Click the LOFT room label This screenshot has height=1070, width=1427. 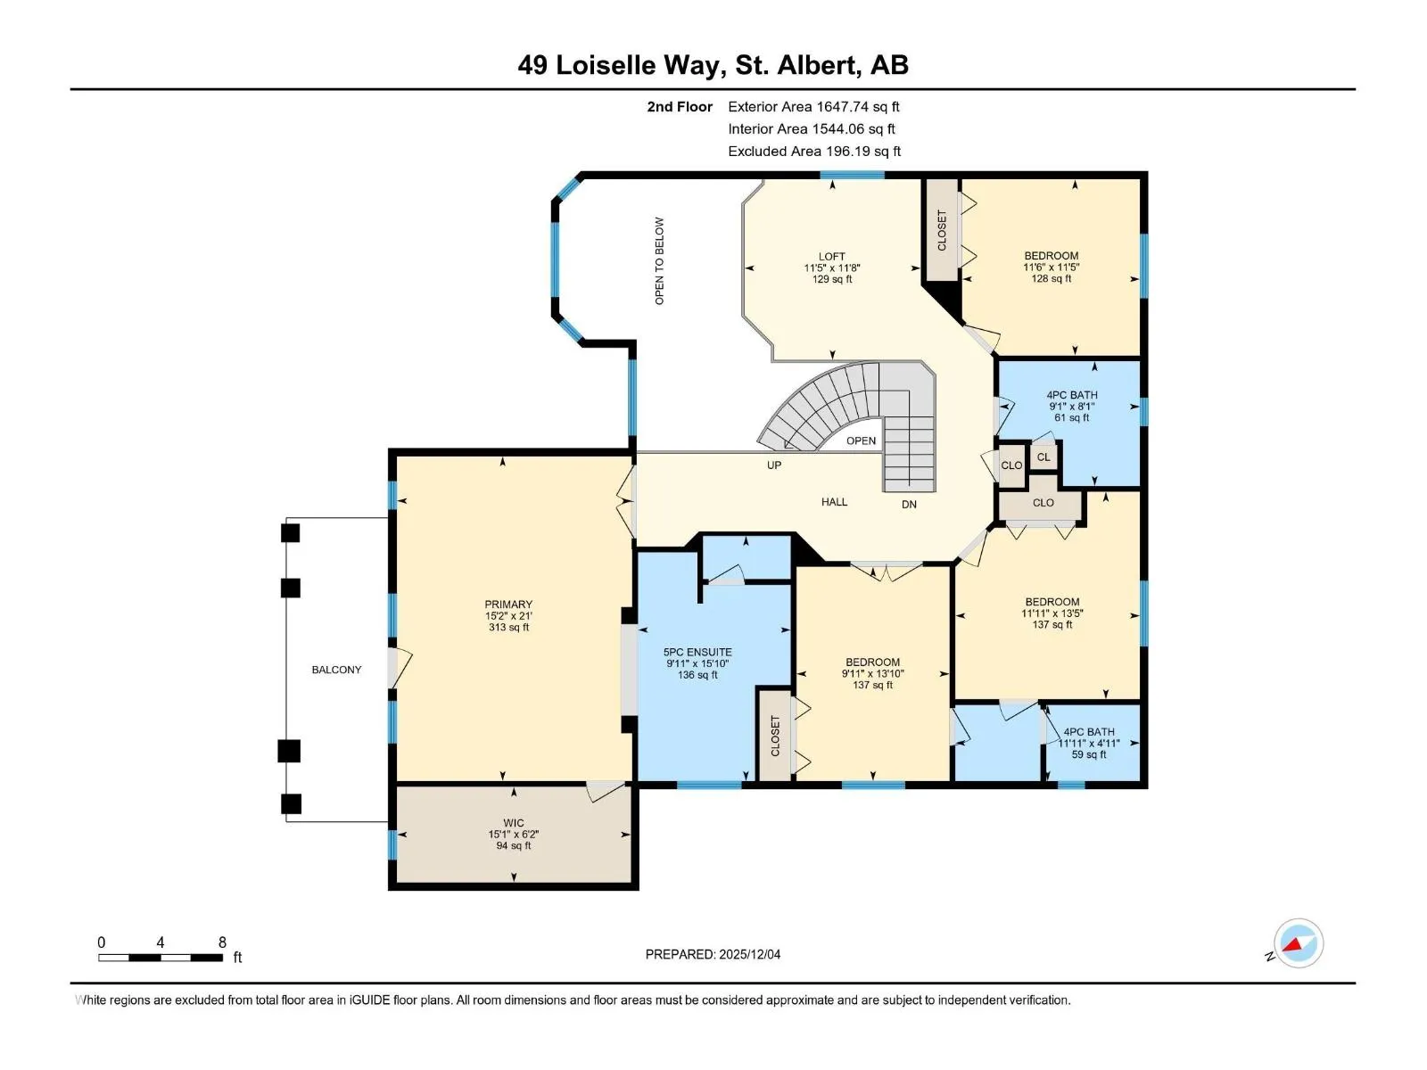coord(831,257)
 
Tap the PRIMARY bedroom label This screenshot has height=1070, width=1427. coord(508,605)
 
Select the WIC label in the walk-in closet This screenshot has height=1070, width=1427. coord(514,823)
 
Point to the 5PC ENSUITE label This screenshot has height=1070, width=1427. coord(697,653)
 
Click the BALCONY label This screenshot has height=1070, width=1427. coord(336,670)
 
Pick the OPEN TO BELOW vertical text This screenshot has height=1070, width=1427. coord(659,261)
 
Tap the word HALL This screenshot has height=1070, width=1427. coord(834,502)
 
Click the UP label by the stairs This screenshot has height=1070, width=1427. coord(773,465)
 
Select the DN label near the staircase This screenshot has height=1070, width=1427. coord(909,504)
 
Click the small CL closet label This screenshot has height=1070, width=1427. coord(1043,457)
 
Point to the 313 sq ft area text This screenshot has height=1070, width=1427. coord(509,628)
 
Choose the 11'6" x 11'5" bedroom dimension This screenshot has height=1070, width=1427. coord(1052,267)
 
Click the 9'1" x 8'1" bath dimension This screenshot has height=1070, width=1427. coord(1072,407)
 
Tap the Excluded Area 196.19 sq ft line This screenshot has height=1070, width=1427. coord(814,152)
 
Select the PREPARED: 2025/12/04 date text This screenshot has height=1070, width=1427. coord(713,954)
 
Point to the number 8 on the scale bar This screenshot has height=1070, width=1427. coord(222,942)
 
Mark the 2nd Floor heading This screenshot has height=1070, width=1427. coord(680,107)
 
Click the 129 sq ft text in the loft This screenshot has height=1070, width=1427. coord(832,279)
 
